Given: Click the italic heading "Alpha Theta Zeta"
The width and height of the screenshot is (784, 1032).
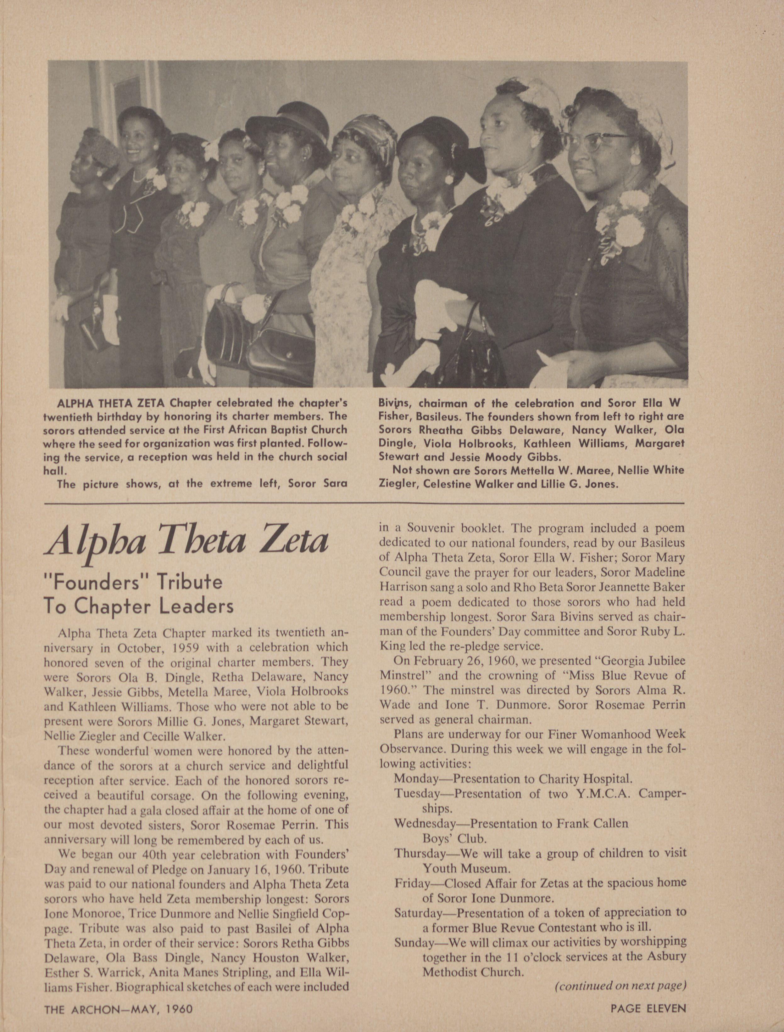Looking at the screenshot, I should point(187,542).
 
